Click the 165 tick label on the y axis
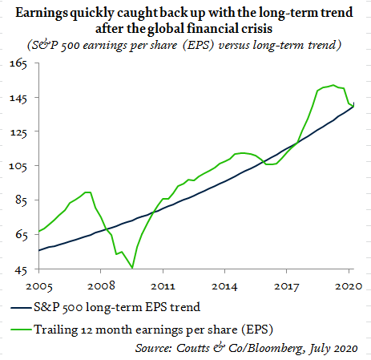tap(18, 64)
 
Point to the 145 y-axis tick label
tap(18, 99)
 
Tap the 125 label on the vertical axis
tap(18, 132)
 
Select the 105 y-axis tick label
tap(18, 167)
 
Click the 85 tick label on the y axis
tap(22, 200)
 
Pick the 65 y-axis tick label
tap(22, 235)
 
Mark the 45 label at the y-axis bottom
tap(21, 270)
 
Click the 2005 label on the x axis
tap(39, 286)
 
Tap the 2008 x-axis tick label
tap(101, 286)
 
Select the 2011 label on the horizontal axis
tap(163, 286)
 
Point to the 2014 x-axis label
tap(224, 286)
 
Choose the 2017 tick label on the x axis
tap(287, 286)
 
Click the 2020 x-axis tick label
tap(349, 286)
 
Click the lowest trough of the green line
tap(132, 268)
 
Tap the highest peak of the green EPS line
tap(333, 85)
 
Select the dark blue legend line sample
tap(21, 308)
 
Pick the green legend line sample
tap(21, 330)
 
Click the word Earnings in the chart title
tap(42, 13)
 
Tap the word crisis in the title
tap(256, 29)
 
